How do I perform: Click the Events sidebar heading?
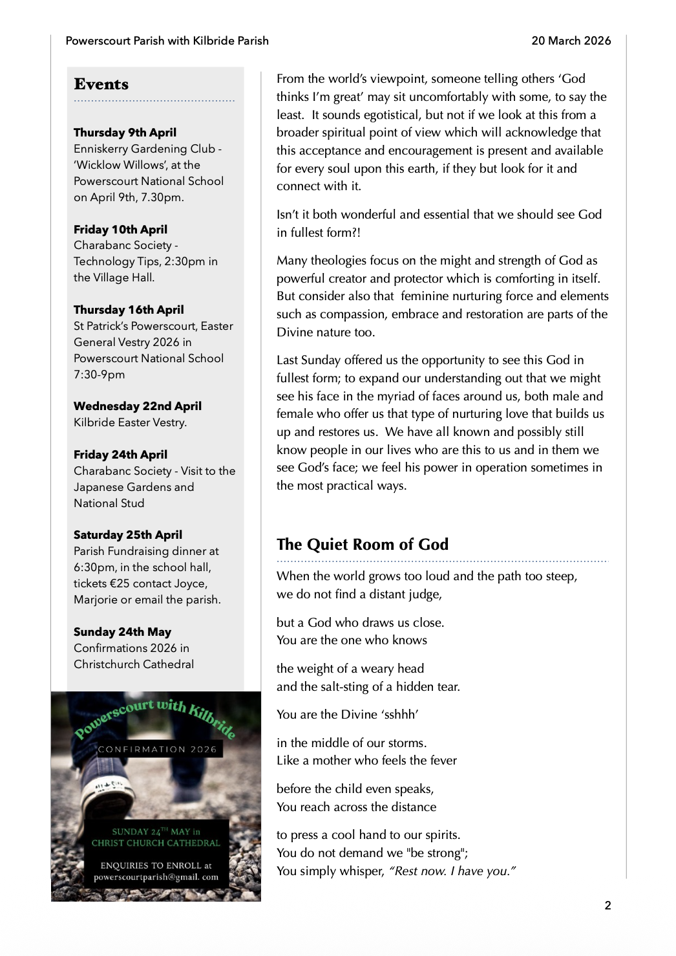pos(101,85)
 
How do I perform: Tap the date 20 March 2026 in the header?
pos(571,41)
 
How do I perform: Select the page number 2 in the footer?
pos(607,906)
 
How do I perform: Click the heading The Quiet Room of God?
pos(363,545)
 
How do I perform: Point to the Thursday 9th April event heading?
pos(125,133)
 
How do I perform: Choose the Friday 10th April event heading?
pos(120,230)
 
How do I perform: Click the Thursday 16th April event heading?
pos(129,310)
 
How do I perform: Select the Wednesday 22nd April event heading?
pos(138,406)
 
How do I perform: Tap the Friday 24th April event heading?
pos(120,455)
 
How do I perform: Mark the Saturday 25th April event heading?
pos(128,535)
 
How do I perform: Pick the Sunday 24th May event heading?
pos(122,632)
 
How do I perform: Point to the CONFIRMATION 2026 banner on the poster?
pos(157,750)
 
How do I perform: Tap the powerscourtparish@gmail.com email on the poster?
pos(156,878)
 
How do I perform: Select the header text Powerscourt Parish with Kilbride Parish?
pos(167,41)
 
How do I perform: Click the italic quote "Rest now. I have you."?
pos(452,871)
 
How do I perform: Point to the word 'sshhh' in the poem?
pos(400,715)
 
